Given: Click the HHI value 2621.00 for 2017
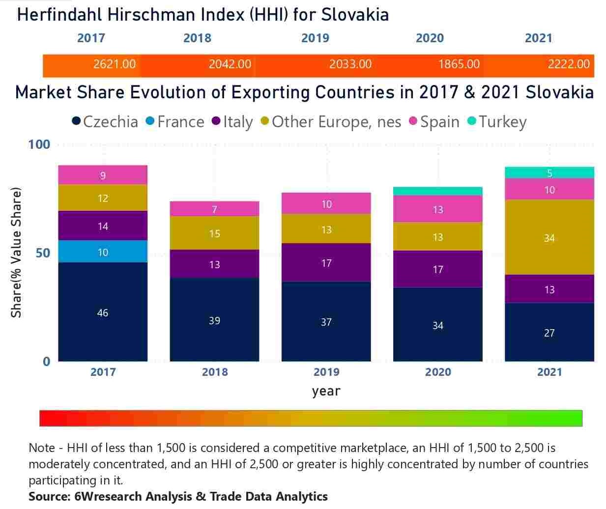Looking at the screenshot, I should pos(115,64).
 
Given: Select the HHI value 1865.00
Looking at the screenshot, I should pos(459,64).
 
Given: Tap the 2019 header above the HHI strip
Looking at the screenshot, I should pos(315,38).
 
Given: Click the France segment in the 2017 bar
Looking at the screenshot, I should pos(103,252).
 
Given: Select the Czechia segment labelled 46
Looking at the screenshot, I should pos(103,312).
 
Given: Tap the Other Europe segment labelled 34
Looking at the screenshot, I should pos(549,237).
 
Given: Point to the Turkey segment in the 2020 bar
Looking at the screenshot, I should pos(437,191).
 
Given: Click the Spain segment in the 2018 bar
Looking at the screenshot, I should pos(214,209).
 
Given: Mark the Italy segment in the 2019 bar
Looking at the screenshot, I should pos(326,262).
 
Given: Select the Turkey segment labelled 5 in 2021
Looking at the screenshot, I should pos(549,172).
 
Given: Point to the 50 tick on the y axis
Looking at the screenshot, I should pos(42,253).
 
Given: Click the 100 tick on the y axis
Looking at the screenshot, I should pos(39,144).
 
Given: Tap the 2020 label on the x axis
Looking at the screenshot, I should pos(438,372).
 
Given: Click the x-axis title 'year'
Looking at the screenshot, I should pos(326,391).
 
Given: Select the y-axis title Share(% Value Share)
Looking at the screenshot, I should pos(16,253).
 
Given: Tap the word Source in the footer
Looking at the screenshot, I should pos(48,497).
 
